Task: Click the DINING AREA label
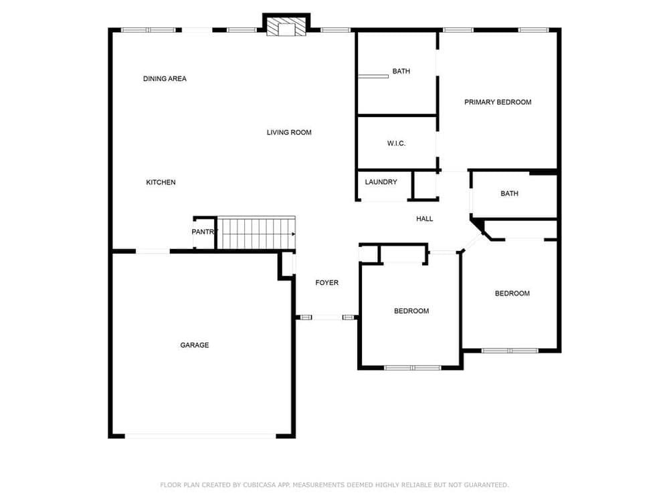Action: point(165,78)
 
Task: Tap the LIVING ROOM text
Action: point(289,133)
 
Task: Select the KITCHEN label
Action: point(161,182)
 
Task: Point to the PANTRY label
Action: point(205,232)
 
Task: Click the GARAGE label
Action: point(195,345)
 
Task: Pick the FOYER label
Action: point(327,282)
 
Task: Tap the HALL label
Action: point(425,219)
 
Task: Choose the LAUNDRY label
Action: point(381,182)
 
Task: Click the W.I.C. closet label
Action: point(396,143)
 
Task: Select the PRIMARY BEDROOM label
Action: point(498,102)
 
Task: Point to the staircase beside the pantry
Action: point(256,233)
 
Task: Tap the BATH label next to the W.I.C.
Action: point(401,72)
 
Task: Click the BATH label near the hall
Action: point(509,193)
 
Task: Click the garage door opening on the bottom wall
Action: point(201,436)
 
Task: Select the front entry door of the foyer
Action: point(327,317)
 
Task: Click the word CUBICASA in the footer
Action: point(260,485)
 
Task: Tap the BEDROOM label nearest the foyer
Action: point(411,311)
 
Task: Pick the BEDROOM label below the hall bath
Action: point(512,293)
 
